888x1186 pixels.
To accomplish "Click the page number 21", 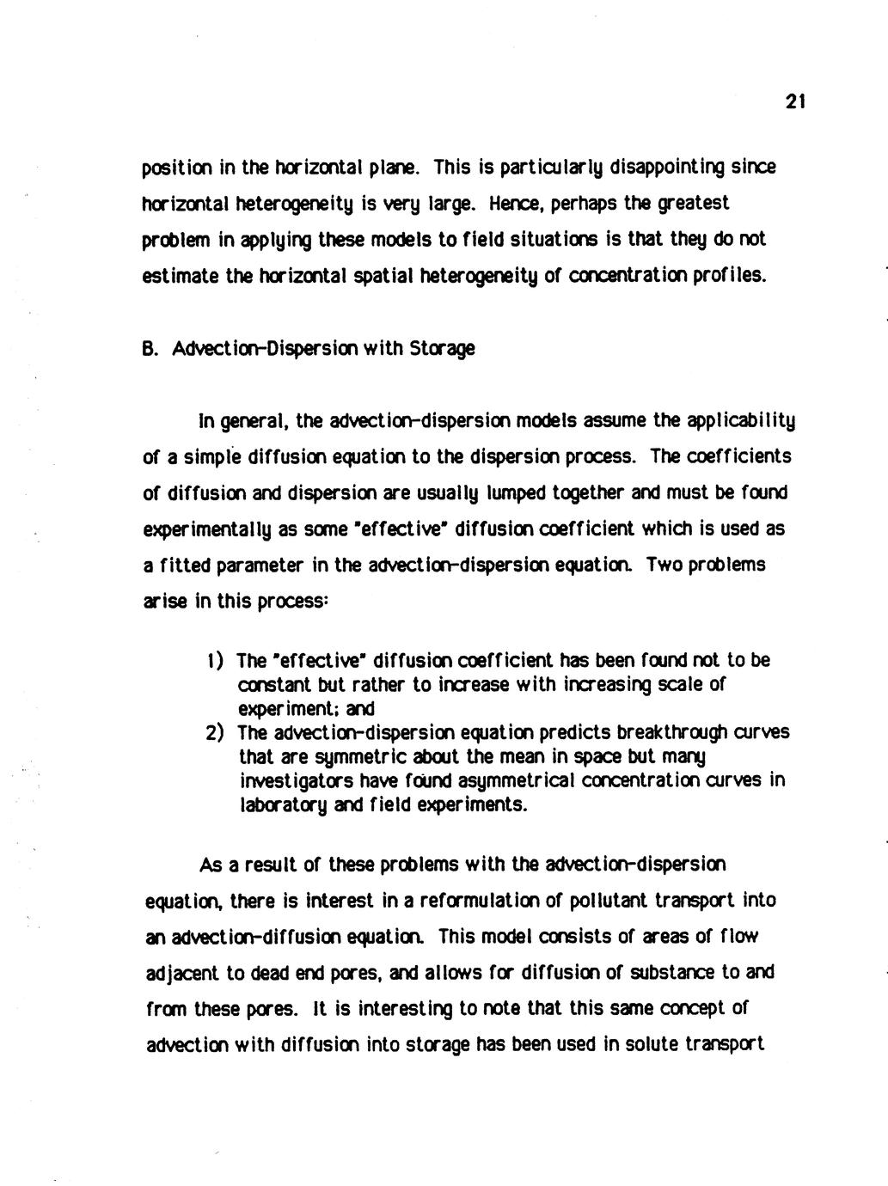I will (794, 103).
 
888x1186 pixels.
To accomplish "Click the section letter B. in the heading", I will (150, 349).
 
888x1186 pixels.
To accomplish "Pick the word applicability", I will (738, 423).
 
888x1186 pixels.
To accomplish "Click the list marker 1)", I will (215, 661).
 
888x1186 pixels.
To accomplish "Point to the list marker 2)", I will (215, 733).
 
